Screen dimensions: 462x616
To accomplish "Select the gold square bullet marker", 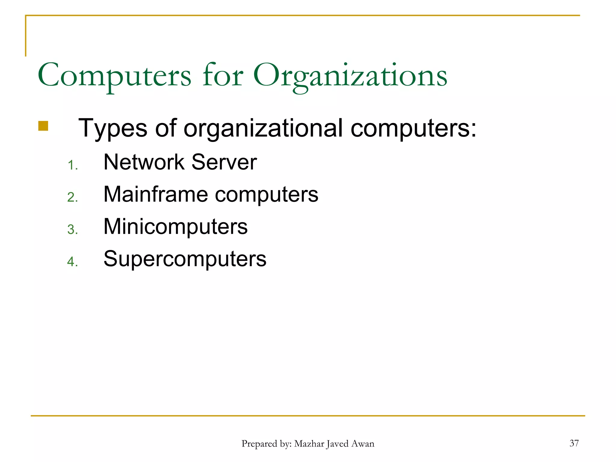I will [x=43, y=126].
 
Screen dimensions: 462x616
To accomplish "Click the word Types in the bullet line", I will [x=113, y=128].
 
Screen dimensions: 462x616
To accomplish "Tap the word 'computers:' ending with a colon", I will [x=414, y=128].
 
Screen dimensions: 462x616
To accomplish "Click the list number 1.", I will [x=72, y=165].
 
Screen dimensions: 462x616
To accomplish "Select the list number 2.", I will [x=72, y=197].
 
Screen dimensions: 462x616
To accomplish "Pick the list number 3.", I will [x=72, y=229].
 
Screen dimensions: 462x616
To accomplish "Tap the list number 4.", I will [x=72, y=262].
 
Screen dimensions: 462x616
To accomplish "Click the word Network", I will [x=144, y=162].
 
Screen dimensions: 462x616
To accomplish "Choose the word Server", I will [x=224, y=162].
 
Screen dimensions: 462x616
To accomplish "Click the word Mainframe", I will [x=156, y=194].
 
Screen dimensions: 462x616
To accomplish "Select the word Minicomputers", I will [x=175, y=226].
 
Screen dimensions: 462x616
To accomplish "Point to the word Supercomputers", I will [x=185, y=259].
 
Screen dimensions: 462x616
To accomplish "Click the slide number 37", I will [x=574, y=443].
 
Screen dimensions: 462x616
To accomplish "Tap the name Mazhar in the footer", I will [x=309, y=444].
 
